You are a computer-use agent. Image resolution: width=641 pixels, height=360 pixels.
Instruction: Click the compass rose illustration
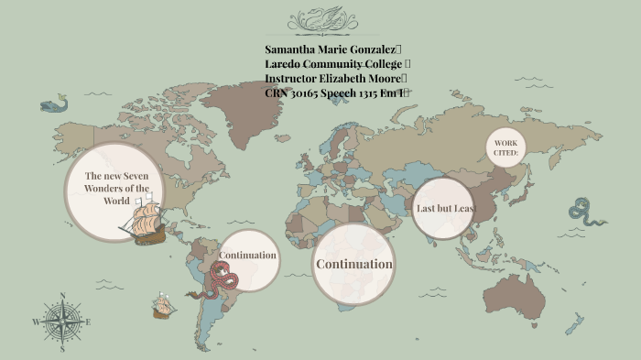click(x=61, y=322)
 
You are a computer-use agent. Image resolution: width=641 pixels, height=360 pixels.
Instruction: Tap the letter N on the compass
click(x=61, y=296)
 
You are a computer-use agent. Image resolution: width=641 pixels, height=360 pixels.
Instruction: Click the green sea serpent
click(x=586, y=213)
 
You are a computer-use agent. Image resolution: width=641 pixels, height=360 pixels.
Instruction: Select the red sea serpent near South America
click(x=221, y=280)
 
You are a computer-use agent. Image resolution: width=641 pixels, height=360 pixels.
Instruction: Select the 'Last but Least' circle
click(x=444, y=208)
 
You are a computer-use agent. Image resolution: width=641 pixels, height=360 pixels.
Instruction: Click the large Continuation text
click(x=353, y=264)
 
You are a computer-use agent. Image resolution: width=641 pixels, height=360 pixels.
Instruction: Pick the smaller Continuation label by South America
click(x=247, y=255)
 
